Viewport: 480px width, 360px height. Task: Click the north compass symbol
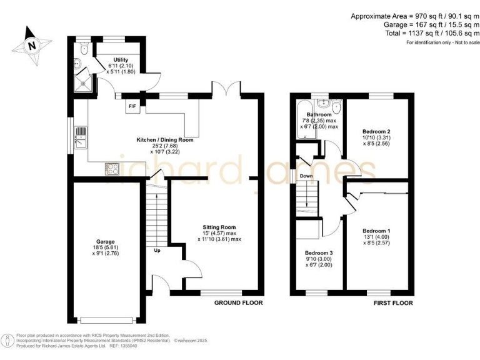(31, 44)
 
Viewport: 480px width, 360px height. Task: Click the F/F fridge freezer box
(132, 106)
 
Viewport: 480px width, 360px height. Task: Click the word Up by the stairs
(157, 251)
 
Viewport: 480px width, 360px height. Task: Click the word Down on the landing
(306, 176)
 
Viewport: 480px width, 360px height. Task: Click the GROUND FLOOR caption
(239, 302)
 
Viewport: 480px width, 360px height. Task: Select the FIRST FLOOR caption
(392, 302)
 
